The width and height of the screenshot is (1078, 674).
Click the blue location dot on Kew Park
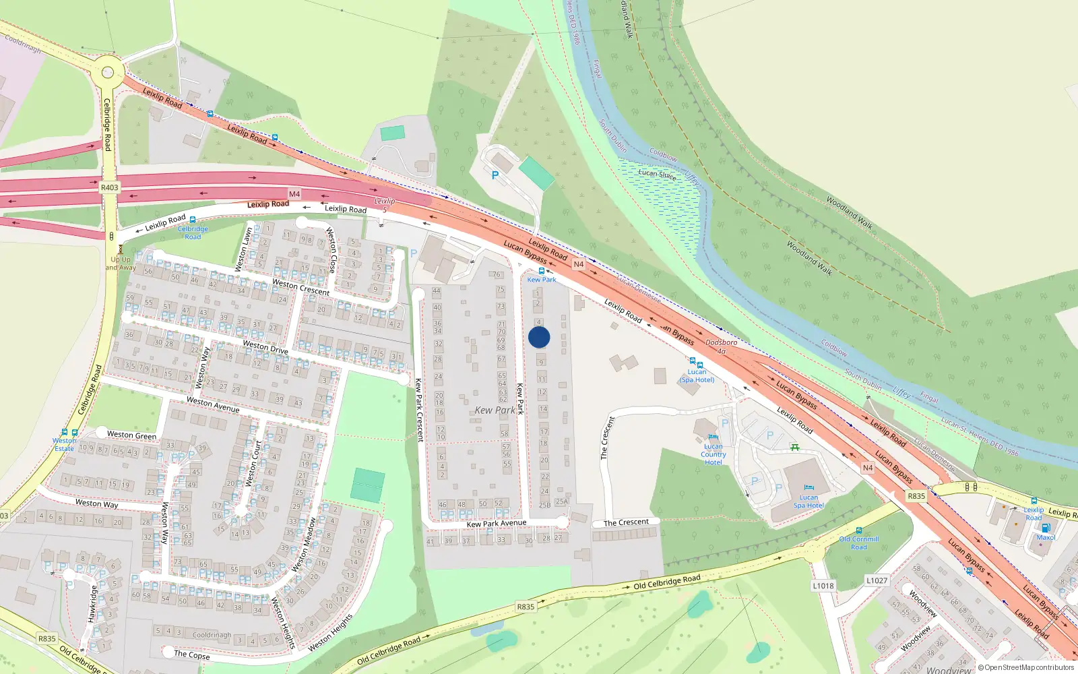(539, 337)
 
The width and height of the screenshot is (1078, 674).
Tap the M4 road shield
(294, 194)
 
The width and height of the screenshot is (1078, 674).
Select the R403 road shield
(109, 187)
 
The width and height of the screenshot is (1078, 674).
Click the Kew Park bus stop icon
(541, 271)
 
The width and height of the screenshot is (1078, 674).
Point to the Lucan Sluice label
(657, 174)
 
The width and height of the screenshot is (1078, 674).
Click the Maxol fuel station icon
(1046, 528)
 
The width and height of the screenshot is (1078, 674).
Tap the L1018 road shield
(823, 586)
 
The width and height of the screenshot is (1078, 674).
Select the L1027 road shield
(877, 580)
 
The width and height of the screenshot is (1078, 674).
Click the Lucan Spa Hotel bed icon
(808, 488)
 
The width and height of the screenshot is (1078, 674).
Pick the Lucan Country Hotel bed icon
(713, 437)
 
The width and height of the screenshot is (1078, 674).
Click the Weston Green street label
(131, 435)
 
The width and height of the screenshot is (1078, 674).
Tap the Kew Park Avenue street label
(497, 524)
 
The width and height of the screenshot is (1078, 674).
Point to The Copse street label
(192, 654)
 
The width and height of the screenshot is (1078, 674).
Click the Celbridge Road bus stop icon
(193, 220)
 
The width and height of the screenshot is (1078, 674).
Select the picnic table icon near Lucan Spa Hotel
(795, 447)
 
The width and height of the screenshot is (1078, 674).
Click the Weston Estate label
(65, 445)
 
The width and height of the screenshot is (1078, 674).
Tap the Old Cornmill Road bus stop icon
(859, 530)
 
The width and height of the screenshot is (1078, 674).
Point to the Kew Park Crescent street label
(418, 410)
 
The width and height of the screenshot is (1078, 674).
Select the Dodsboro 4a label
(721, 346)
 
